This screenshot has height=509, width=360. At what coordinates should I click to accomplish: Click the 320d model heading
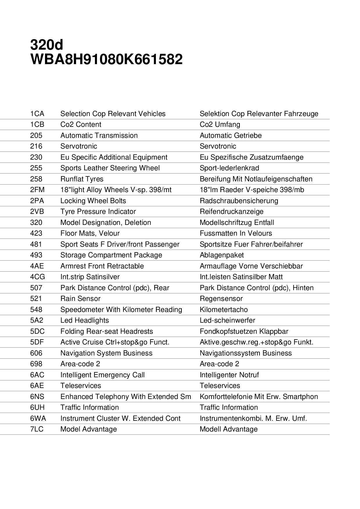(x=46, y=45)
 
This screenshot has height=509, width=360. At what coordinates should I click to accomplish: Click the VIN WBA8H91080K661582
(x=106, y=59)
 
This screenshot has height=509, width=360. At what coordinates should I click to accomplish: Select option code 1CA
(x=37, y=114)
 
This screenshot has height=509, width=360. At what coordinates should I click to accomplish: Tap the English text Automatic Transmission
(x=99, y=136)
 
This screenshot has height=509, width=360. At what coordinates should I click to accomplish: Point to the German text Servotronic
(x=218, y=146)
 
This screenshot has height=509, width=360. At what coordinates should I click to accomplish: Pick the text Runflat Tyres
(x=82, y=179)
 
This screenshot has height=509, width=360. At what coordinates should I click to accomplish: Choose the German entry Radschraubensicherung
(x=239, y=201)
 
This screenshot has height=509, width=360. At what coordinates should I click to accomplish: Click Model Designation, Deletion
(x=106, y=223)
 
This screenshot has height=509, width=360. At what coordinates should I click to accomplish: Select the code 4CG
(x=38, y=277)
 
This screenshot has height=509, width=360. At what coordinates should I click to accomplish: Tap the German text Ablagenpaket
(x=222, y=255)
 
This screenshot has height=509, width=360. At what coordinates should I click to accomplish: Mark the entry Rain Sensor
(x=80, y=299)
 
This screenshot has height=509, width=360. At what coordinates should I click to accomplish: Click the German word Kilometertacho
(x=224, y=310)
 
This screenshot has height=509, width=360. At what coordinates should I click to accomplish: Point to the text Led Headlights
(x=84, y=320)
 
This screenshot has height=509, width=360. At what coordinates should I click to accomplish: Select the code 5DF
(x=37, y=342)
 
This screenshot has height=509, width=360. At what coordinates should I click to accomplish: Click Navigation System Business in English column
(x=106, y=353)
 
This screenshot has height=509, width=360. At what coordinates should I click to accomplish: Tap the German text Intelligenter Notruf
(x=229, y=375)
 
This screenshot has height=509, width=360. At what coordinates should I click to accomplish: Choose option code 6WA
(x=38, y=418)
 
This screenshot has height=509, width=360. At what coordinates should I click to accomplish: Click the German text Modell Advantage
(x=228, y=429)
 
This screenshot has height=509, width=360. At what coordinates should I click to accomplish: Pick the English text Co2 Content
(x=81, y=124)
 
